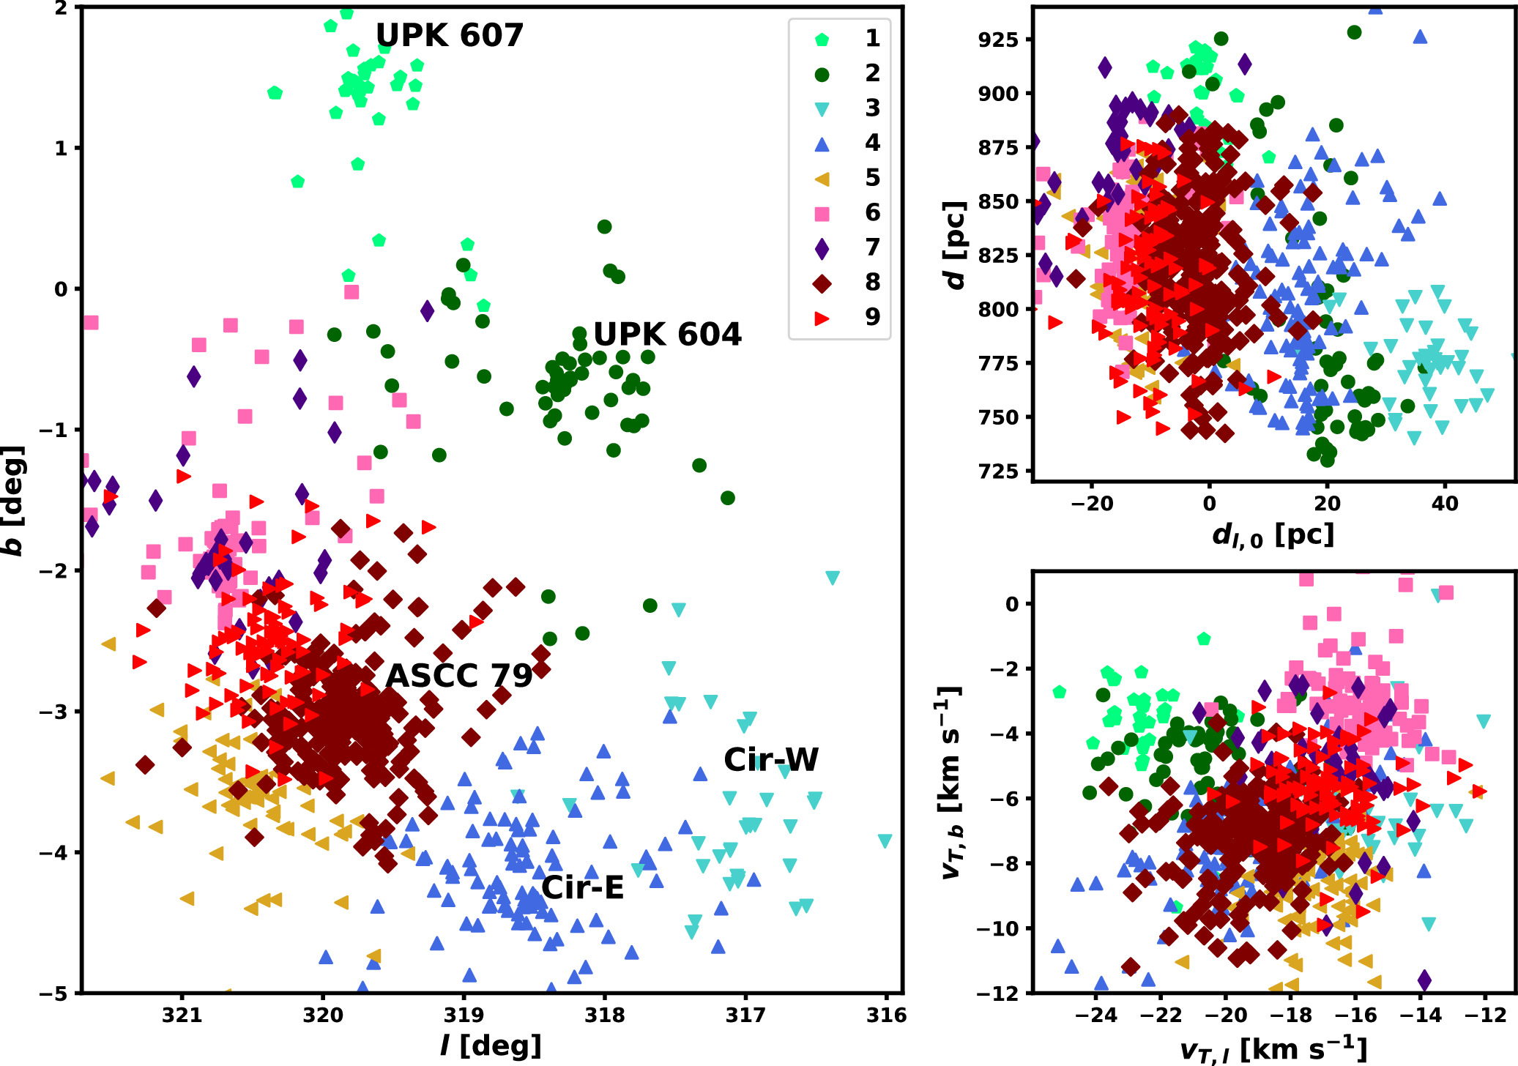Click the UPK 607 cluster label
point(449,35)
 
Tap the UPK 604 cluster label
point(667,335)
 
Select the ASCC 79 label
point(459,676)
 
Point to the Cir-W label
point(771,760)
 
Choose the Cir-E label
point(583,888)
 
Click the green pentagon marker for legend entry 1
point(822,40)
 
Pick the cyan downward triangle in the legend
point(822,109)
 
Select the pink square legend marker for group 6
point(822,214)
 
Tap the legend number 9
point(872,317)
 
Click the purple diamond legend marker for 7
point(822,248)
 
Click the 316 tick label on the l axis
point(887,1015)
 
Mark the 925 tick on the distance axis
point(998,40)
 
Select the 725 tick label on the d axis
point(998,471)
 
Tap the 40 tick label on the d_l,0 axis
point(1445,504)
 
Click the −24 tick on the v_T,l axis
point(1095,1015)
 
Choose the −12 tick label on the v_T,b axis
point(997,994)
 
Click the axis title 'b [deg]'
point(14,500)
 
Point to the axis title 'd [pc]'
point(954,245)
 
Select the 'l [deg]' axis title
point(491,1045)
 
